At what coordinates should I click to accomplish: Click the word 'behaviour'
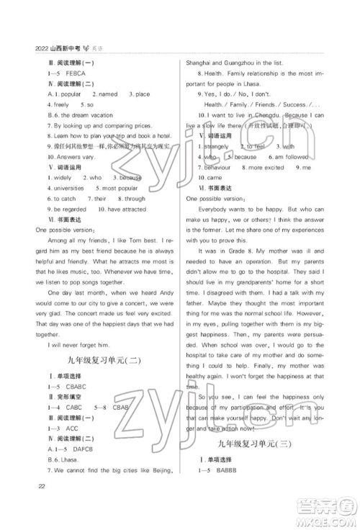[x=215, y=166]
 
